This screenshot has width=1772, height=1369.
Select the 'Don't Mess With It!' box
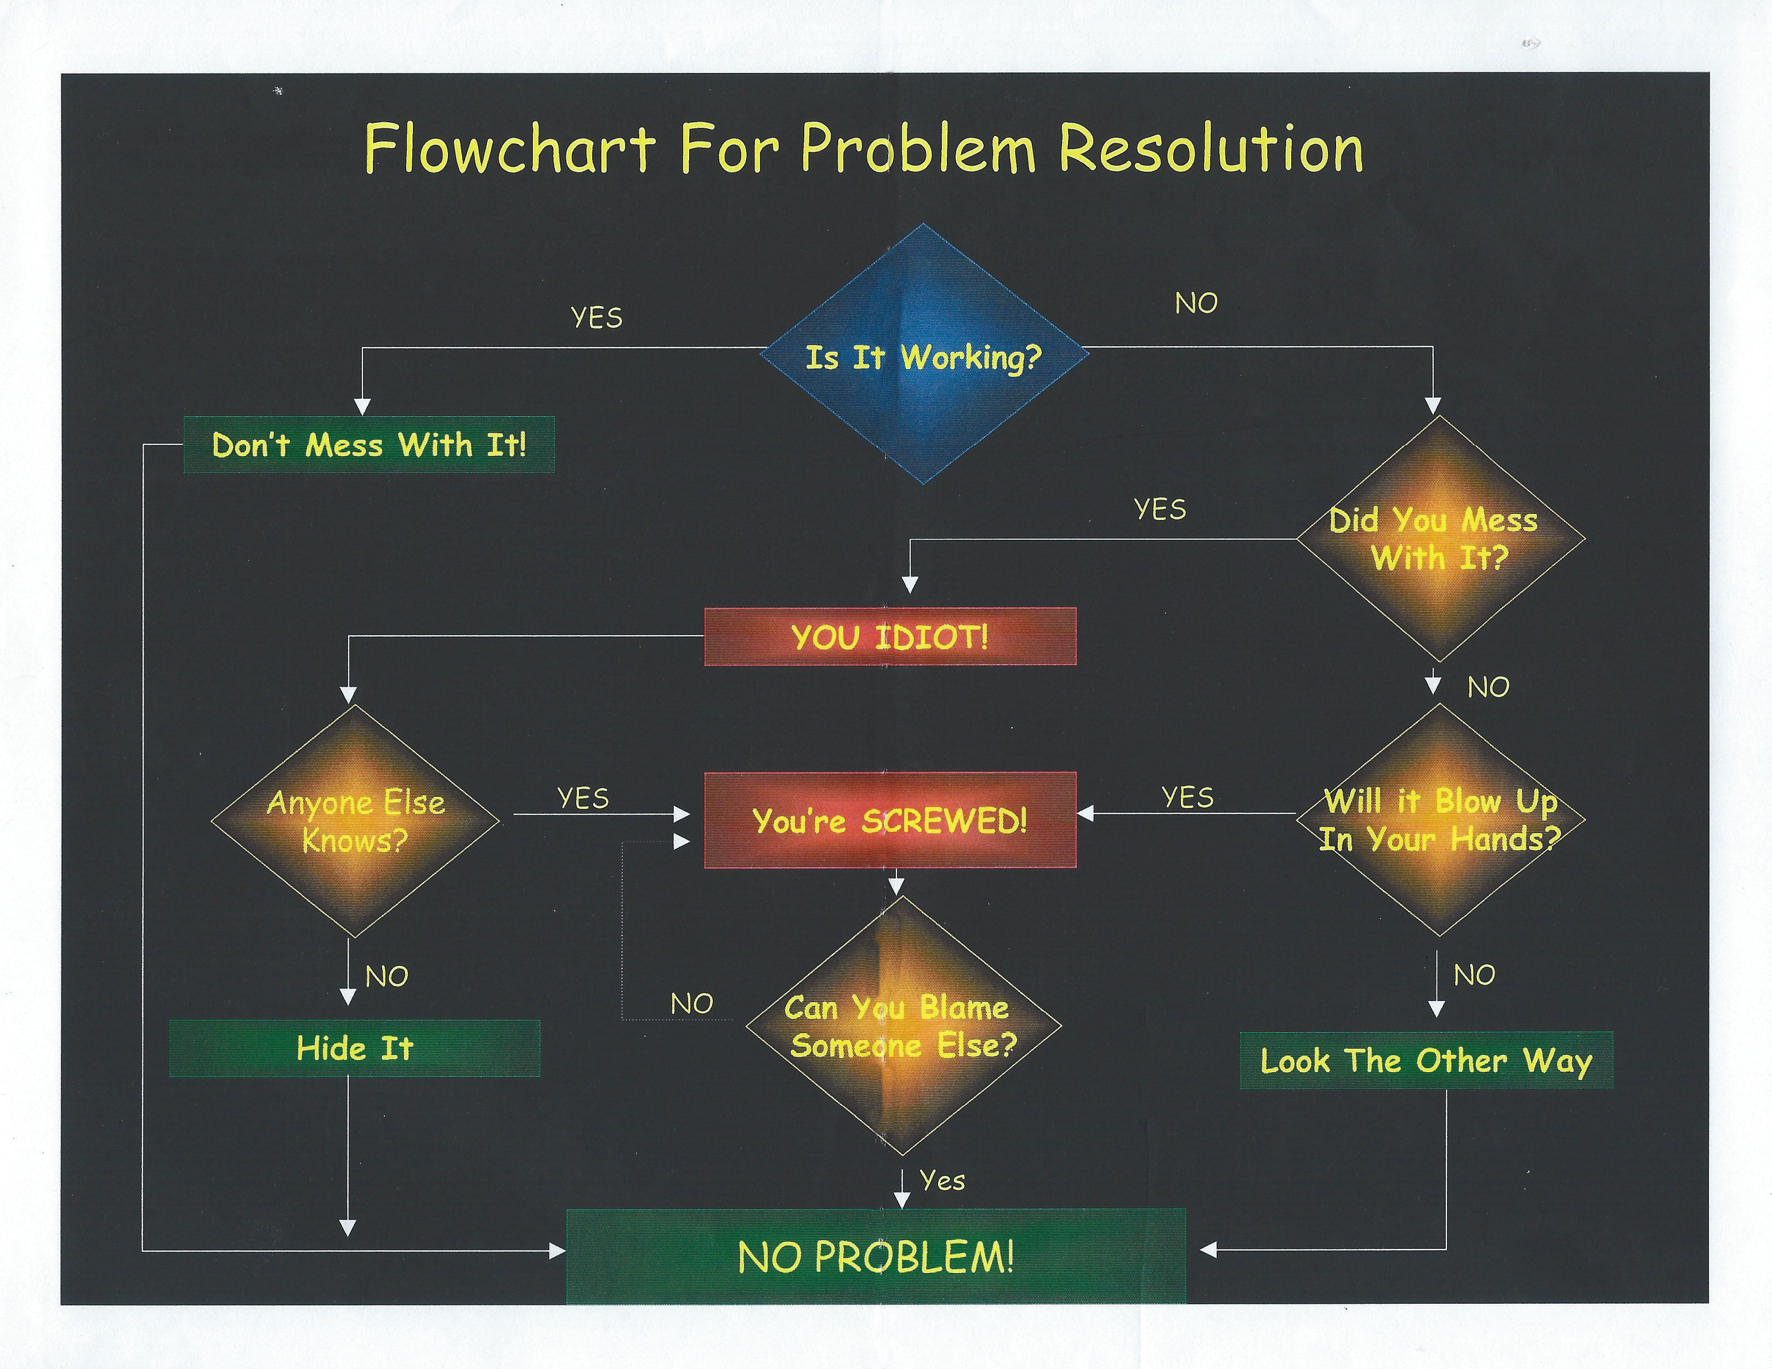(369, 445)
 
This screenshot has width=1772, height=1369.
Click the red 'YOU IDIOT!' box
(890, 637)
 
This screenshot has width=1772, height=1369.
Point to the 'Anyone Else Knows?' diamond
(355, 821)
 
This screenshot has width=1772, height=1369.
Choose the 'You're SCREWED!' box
(890, 821)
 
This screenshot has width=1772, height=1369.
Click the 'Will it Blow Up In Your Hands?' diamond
(1439, 819)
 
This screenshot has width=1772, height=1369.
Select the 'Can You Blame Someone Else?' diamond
(902, 1026)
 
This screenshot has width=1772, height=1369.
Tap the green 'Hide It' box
(355, 1049)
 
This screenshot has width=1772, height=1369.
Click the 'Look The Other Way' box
(1425, 1060)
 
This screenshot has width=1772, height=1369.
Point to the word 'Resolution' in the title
(1211, 149)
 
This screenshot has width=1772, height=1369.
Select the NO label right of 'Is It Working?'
(1196, 303)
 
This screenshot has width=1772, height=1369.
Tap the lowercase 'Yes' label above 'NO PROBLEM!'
(942, 1181)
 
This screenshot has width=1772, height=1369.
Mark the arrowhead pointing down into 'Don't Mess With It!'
(362, 406)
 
